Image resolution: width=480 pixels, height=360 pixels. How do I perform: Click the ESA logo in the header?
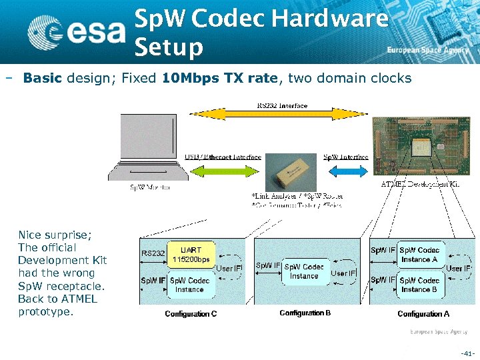[x=76, y=31]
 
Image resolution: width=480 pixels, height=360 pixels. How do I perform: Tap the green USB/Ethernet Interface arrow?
[x=227, y=172]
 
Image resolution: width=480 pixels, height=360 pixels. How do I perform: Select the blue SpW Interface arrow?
[x=345, y=172]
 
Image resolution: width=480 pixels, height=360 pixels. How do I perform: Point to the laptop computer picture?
[x=149, y=147]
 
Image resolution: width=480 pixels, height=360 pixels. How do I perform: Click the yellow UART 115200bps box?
[x=191, y=255]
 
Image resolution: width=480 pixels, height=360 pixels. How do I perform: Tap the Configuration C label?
[x=191, y=314]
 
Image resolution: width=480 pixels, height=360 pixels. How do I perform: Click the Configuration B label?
[x=305, y=313]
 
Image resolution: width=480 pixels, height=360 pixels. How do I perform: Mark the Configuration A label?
[x=423, y=313]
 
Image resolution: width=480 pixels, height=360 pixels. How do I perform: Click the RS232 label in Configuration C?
[x=153, y=253]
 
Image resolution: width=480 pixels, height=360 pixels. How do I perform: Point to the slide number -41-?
[x=468, y=353]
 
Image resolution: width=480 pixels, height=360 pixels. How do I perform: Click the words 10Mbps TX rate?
[x=219, y=79]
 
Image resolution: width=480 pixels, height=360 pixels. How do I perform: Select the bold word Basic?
[x=42, y=79]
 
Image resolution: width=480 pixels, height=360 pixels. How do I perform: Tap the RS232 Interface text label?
[x=283, y=105]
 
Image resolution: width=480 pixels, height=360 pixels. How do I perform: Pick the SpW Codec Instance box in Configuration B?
[x=304, y=271]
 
